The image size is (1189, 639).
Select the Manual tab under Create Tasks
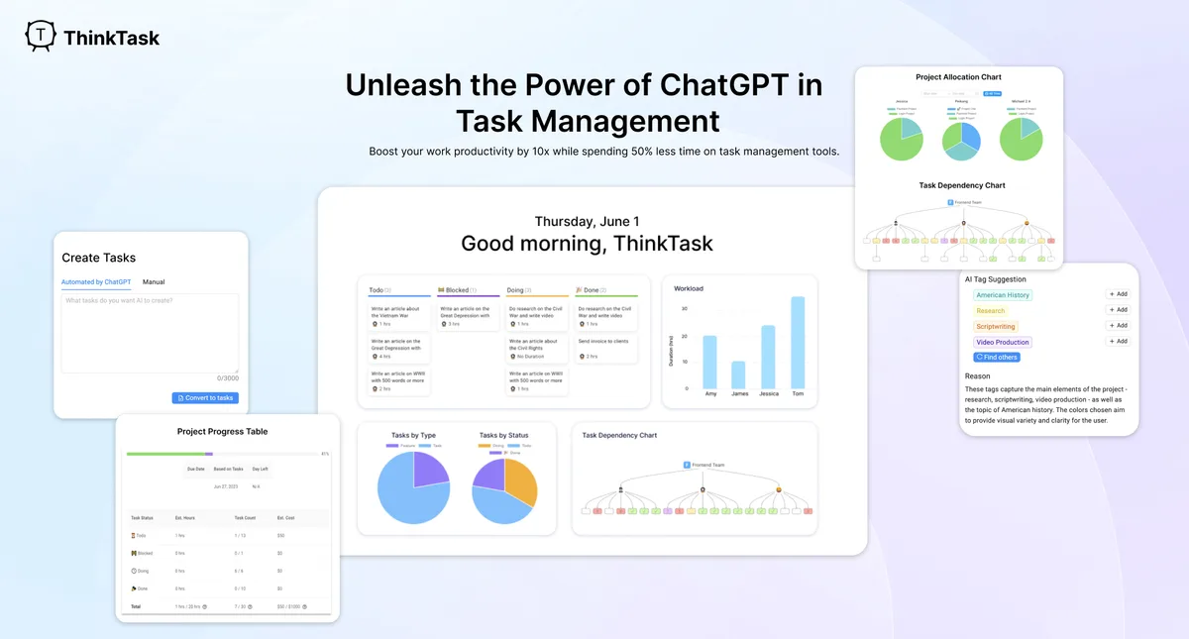154,282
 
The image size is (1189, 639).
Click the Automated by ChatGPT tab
96,282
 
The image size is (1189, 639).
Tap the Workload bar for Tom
798,343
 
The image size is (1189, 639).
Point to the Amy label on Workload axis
709,394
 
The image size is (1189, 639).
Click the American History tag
1003,295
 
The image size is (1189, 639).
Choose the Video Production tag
1003,343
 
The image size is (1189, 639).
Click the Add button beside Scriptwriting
1117,326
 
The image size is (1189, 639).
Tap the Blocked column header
457,290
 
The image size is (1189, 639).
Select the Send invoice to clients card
603,341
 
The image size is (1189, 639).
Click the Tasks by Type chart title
413,435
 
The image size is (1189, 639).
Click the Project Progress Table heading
222,432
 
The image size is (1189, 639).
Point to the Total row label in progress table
137,605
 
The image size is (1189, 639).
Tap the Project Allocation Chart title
959,77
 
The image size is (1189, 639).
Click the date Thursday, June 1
587,221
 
